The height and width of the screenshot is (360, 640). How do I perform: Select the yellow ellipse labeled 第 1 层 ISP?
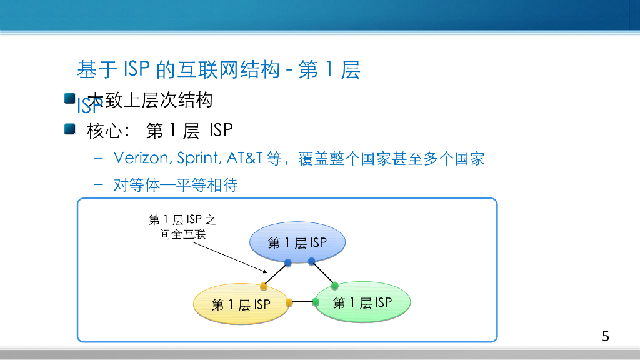241,304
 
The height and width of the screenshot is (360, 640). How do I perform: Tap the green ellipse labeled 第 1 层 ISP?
362,302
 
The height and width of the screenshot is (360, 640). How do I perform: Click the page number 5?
605,336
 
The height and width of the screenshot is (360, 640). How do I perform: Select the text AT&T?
244,158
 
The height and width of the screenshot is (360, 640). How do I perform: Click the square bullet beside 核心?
69,129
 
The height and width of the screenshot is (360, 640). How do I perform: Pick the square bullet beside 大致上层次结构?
69,98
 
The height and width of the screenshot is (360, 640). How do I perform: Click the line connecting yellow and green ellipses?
302,302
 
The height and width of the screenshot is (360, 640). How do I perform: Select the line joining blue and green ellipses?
322,273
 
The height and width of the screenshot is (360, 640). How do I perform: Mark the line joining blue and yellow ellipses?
276,274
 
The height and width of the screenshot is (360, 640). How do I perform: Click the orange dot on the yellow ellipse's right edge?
289,303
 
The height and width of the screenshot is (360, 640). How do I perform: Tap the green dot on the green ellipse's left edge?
316,302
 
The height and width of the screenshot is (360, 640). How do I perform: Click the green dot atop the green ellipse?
334,286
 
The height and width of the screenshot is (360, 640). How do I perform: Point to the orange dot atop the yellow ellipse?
264,287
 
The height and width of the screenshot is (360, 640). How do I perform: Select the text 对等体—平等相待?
176,186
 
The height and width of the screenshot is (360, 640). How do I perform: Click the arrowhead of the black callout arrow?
265,272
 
